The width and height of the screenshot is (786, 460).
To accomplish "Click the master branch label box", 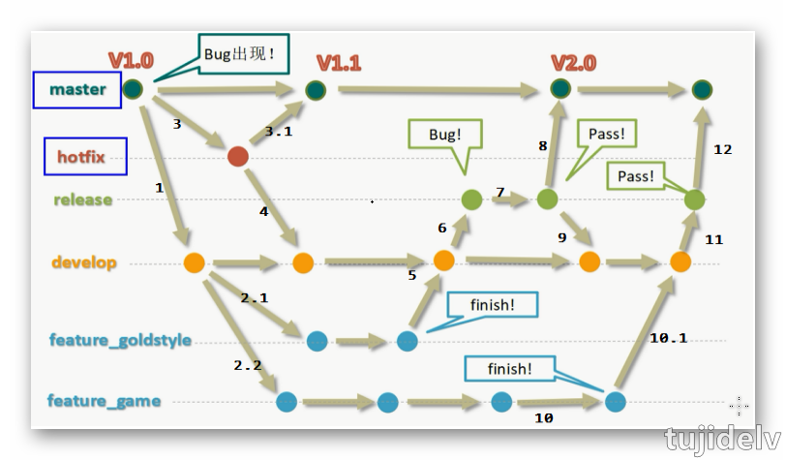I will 77,90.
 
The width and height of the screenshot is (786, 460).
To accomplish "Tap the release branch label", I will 83,200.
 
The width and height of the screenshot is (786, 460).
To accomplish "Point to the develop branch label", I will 84,262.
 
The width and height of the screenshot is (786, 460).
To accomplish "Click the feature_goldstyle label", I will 120,341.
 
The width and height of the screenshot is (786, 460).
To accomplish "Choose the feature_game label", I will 104,401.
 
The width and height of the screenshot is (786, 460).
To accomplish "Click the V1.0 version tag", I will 130,60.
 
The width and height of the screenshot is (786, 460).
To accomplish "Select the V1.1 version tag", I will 339,63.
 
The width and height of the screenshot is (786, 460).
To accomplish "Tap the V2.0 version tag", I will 573,63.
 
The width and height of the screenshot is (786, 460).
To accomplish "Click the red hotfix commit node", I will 237,156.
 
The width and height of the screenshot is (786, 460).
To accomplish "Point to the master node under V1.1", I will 316,90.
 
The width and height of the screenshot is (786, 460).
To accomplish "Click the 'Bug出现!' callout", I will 239,54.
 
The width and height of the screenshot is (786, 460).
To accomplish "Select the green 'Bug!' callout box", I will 445,136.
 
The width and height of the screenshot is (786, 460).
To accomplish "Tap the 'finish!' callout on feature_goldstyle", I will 492,305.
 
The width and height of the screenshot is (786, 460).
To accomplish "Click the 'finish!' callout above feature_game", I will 510,369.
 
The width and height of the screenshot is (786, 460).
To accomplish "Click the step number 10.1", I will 668,338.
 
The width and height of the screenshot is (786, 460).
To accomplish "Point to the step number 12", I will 722,149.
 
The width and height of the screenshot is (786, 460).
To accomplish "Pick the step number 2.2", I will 248,365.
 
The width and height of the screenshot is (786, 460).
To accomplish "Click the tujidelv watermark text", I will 723,439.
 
